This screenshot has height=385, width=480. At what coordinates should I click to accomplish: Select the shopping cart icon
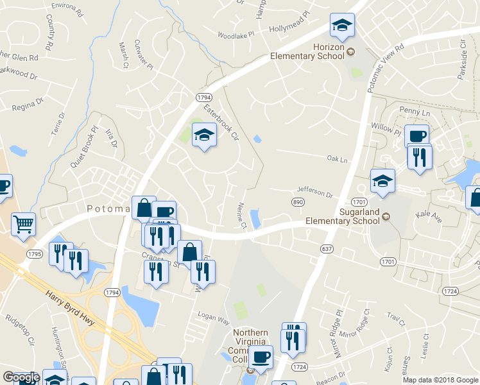[x=23, y=225]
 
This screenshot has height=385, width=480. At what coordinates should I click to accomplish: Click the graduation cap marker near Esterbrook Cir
[x=204, y=135]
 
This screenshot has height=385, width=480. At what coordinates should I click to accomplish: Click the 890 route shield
[x=297, y=202]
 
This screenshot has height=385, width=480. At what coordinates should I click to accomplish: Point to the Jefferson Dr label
[x=314, y=191]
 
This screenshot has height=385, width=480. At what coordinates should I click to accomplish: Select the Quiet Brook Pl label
[x=83, y=147]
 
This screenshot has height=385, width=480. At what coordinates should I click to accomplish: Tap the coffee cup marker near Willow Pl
[x=416, y=136]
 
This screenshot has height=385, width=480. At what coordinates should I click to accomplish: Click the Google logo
[x=21, y=377]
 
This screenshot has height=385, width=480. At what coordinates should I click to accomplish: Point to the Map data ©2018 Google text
[x=440, y=380]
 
